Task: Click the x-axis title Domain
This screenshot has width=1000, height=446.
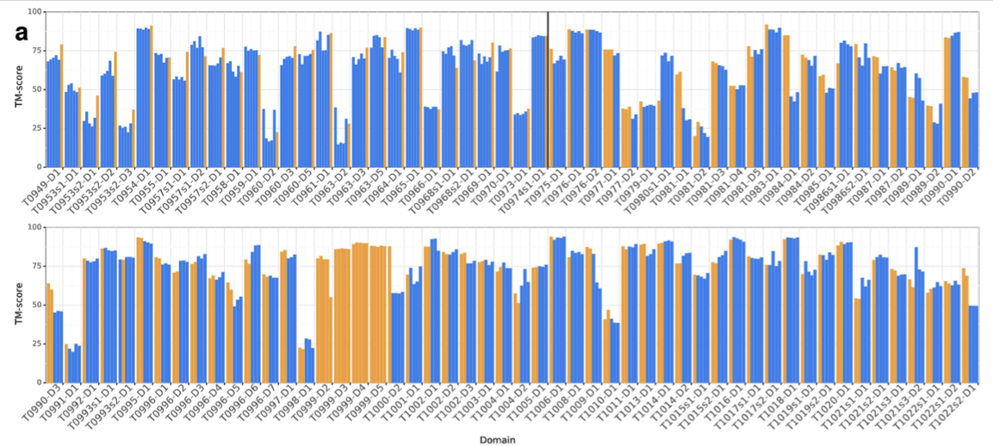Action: pyautogui.click(x=500, y=438)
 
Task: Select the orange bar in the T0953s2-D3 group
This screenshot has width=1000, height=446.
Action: pyautogui.click(x=134, y=138)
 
